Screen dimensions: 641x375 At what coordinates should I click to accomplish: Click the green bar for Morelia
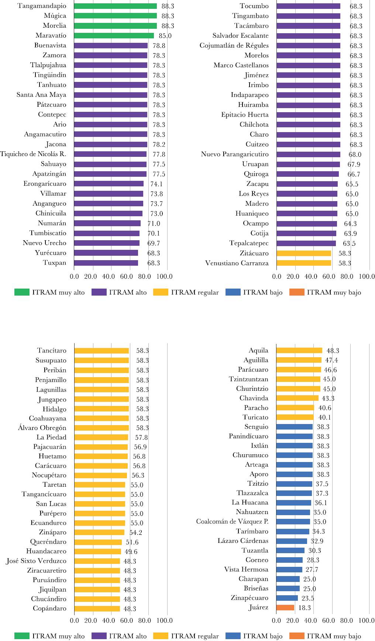pyautogui.click(x=115, y=26)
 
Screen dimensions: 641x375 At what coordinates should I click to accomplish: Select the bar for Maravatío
pyautogui.click(x=114, y=36)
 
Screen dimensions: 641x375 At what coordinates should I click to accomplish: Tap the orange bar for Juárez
pyautogui.click(x=285, y=607)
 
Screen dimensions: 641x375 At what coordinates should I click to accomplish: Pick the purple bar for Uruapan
pyautogui.click(x=308, y=164)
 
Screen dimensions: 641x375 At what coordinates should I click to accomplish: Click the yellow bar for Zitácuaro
pyautogui.click(x=303, y=253)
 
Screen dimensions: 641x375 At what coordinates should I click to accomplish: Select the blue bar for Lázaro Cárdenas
pyautogui.click(x=291, y=541)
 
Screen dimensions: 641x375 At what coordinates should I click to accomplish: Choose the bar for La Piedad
pyautogui.click(x=101, y=437)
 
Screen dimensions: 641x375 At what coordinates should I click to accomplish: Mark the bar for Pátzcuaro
pyautogui.click(x=110, y=105)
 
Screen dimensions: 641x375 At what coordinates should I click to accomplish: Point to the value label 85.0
pyautogui.click(x=165, y=36)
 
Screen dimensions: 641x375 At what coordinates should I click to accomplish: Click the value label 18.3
pyautogui.click(x=305, y=608)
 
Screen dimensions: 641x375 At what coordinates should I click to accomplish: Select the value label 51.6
pyautogui.click(x=132, y=542)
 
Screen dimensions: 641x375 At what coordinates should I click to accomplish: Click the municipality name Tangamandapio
pyautogui.click(x=42, y=6)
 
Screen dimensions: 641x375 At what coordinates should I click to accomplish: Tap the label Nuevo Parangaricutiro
pyautogui.click(x=235, y=154)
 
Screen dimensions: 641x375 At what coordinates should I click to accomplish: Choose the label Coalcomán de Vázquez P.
pyautogui.click(x=232, y=521)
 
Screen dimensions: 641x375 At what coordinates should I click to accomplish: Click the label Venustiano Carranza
pyautogui.click(x=237, y=263)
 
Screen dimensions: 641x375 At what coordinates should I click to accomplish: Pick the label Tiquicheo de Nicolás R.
pyautogui.click(x=33, y=154)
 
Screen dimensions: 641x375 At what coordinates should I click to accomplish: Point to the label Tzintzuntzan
pyautogui.click(x=248, y=379)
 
